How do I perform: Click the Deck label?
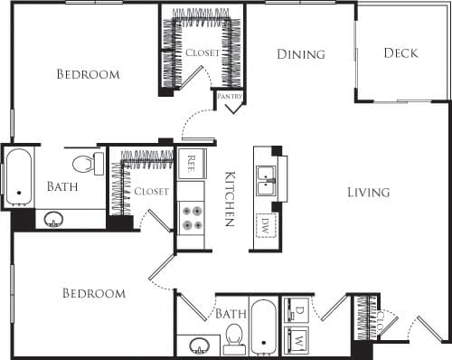(x=400, y=53)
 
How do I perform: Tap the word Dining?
(x=300, y=54)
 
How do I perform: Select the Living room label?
(x=368, y=192)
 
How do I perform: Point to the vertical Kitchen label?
(x=230, y=198)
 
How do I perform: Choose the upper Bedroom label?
(x=88, y=74)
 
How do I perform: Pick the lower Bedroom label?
(x=94, y=294)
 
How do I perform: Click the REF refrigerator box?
(x=191, y=164)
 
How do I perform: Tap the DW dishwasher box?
(x=266, y=223)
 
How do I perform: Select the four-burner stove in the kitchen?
(x=191, y=218)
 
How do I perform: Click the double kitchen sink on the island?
(x=266, y=180)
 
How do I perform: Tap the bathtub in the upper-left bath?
(x=18, y=178)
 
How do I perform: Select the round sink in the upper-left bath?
(x=53, y=219)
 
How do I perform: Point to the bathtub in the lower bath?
(x=263, y=326)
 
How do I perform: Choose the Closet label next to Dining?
(x=202, y=53)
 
